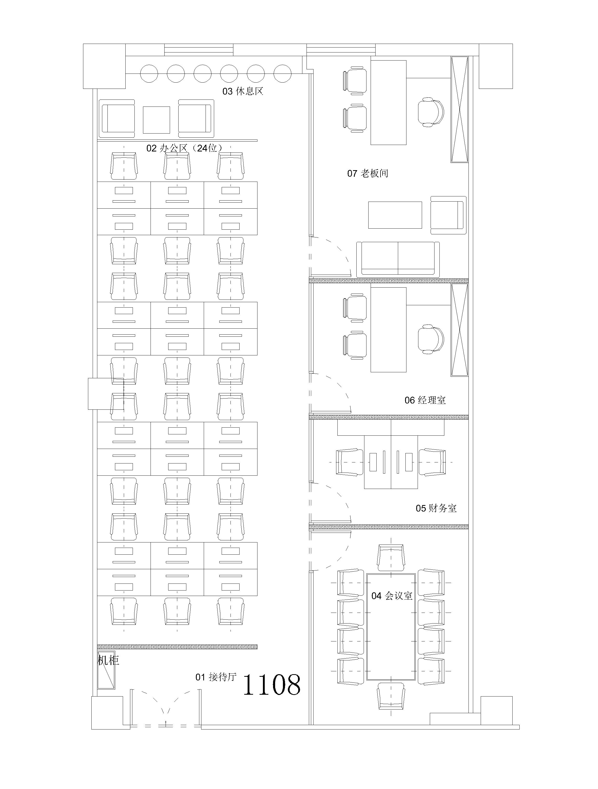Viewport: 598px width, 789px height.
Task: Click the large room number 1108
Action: coord(272,685)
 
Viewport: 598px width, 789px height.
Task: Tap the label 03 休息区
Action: coord(243,91)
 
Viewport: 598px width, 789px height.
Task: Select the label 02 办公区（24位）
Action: coord(184,148)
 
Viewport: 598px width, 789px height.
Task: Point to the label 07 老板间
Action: coord(368,174)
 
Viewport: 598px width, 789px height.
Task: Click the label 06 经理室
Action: coord(425,400)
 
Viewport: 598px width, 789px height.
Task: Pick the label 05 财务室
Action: coord(436,508)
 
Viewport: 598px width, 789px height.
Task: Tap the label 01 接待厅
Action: coord(216,677)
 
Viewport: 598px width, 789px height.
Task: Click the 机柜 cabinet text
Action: coord(108,661)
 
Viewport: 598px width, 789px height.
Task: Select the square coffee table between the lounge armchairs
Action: coord(157,120)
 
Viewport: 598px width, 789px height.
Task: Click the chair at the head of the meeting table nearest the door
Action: coord(391,558)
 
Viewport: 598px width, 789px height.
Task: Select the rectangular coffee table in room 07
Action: coord(395,215)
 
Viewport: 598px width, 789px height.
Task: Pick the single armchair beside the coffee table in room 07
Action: coord(448,215)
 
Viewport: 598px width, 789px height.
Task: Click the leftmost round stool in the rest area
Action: coord(149,74)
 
